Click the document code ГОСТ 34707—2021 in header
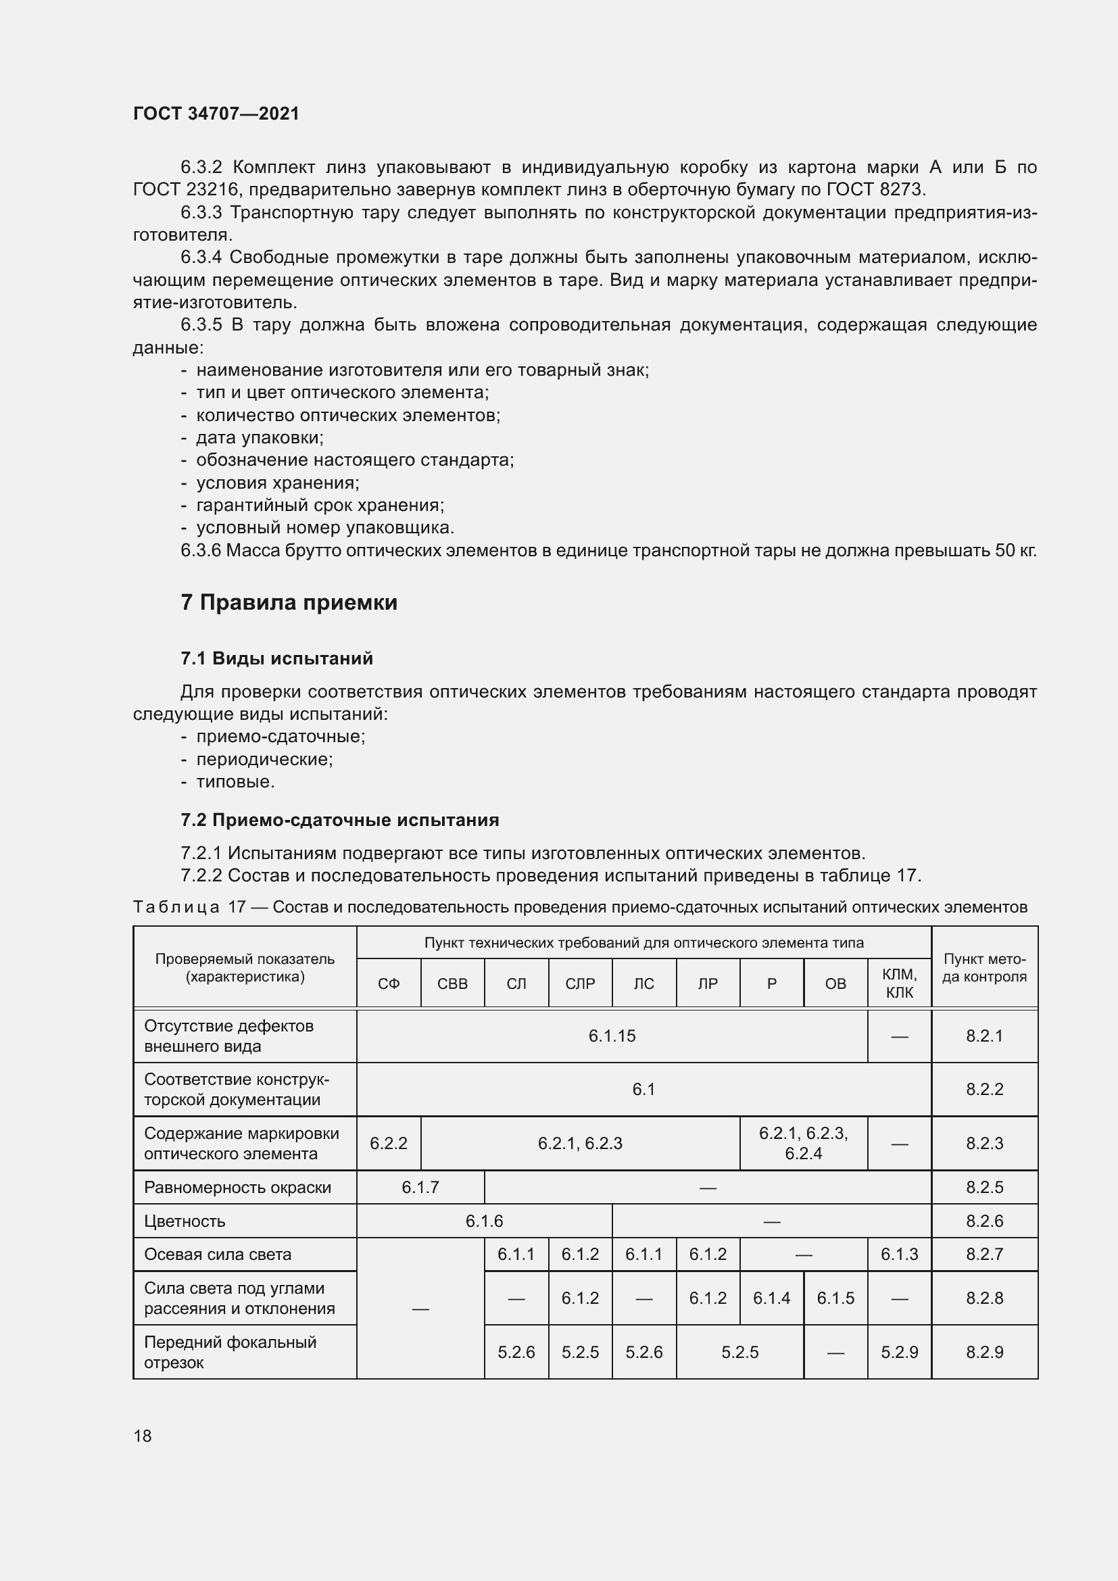point(216,114)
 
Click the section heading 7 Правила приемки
point(289,602)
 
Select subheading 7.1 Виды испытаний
point(276,658)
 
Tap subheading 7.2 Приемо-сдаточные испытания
point(339,819)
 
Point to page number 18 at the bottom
point(143,1436)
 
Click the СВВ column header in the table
point(452,983)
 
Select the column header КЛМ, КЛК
point(899,983)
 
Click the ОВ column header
point(835,983)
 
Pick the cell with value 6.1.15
point(611,1036)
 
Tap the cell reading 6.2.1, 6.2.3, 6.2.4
point(804,1143)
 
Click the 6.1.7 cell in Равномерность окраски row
point(420,1187)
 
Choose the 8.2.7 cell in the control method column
point(984,1254)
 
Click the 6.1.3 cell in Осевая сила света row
point(899,1254)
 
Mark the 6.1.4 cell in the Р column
point(771,1298)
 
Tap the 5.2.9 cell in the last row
point(899,1352)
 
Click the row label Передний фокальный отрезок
point(230,1352)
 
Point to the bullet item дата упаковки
point(260,438)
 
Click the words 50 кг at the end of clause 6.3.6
point(1015,551)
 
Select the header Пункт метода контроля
point(984,967)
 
